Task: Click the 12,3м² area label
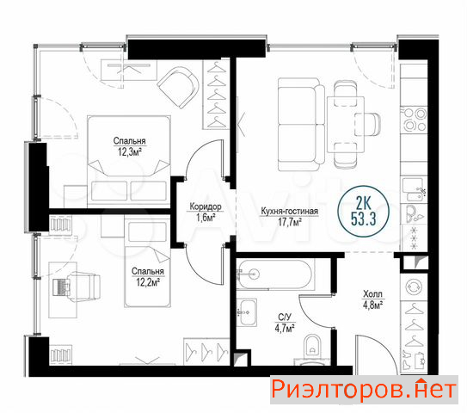coord(130,152)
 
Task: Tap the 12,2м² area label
coord(148,282)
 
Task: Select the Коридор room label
coord(206,206)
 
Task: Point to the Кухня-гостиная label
coord(290,211)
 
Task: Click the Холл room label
coord(372,294)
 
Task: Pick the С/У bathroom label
coord(285,317)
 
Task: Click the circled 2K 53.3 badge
coord(363,212)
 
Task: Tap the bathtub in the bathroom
coord(274,274)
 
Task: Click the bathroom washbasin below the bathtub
coord(247,312)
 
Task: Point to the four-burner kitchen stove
coord(414,120)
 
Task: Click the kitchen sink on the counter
coord(414,190)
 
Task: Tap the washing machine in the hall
coord(414,287)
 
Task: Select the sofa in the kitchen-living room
coord(301,124)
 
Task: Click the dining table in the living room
coord(346,124)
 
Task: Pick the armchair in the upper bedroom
coord(178,87)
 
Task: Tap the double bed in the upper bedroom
coord(129,161)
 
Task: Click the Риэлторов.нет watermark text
coord(364,390)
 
